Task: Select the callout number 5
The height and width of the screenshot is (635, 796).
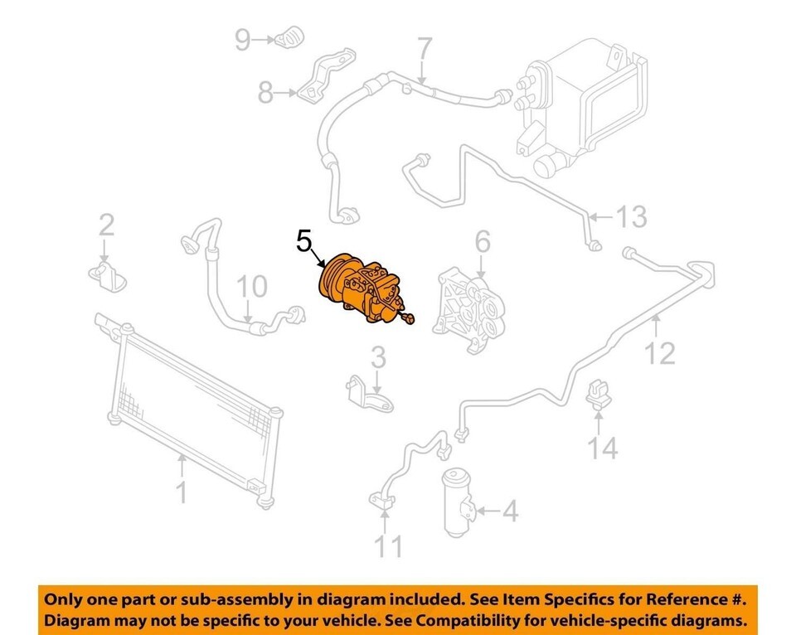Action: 303,241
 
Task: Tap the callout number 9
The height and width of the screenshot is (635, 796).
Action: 243,40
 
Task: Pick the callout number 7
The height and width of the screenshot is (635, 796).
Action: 425,51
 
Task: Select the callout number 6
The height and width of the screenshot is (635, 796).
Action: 483,241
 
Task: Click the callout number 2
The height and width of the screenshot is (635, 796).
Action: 106,225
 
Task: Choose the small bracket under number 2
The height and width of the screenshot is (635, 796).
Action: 108,277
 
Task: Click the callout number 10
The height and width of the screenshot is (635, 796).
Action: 252,287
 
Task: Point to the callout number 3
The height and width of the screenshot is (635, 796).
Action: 378,357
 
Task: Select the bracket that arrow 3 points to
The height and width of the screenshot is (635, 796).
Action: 370,395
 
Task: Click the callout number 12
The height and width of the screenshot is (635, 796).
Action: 659,353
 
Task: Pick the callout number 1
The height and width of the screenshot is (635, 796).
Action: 182,492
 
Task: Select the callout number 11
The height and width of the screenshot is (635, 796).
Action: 388,546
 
